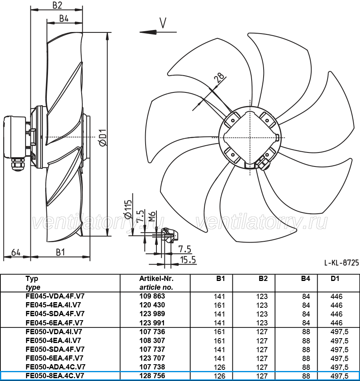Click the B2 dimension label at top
57,5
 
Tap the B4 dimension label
64,18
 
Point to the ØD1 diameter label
103,138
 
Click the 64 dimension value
16,253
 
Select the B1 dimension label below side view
60,253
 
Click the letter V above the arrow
163,23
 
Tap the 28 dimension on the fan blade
219,78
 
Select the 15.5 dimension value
188,260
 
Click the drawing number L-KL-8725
341,263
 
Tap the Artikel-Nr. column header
156,279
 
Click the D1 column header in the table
335,279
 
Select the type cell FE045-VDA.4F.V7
55,296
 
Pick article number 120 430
152,305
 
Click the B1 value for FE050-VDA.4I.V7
219,332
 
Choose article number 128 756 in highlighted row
152,376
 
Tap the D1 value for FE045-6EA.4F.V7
336,323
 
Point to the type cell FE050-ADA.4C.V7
55,367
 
